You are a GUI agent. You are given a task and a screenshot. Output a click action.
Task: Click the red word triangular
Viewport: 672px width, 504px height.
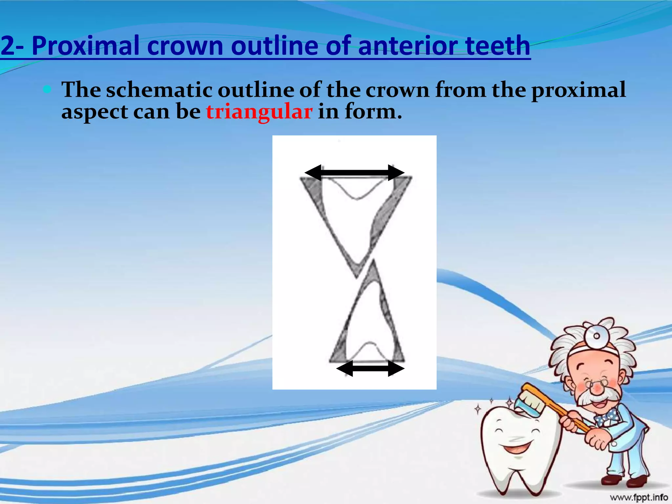pos(259,112)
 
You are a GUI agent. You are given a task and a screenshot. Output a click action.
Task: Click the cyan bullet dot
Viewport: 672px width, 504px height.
pos(48,89)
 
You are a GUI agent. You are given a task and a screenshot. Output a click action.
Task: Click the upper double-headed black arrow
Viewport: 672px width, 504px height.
pos(354,173)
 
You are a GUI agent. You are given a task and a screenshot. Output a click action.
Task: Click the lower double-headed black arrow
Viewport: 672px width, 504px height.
pos(370,368)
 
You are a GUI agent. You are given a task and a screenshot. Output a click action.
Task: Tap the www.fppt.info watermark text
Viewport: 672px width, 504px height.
pos(639,497)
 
